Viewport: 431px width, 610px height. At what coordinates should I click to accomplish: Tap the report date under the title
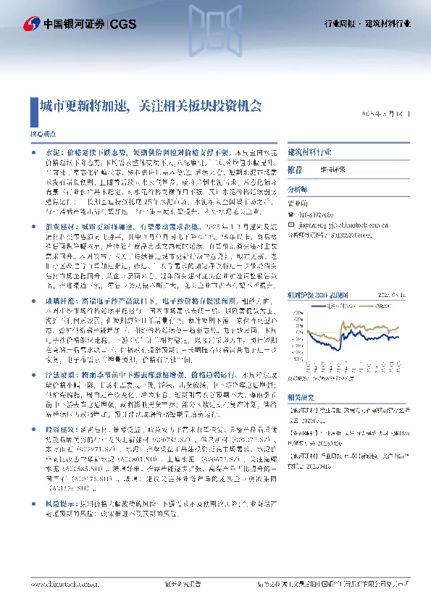(x=390, y=114)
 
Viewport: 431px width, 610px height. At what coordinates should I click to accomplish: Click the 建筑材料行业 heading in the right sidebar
(x=310, y=154)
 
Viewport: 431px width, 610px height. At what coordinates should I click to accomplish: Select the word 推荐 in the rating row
(x=296, y=170)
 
